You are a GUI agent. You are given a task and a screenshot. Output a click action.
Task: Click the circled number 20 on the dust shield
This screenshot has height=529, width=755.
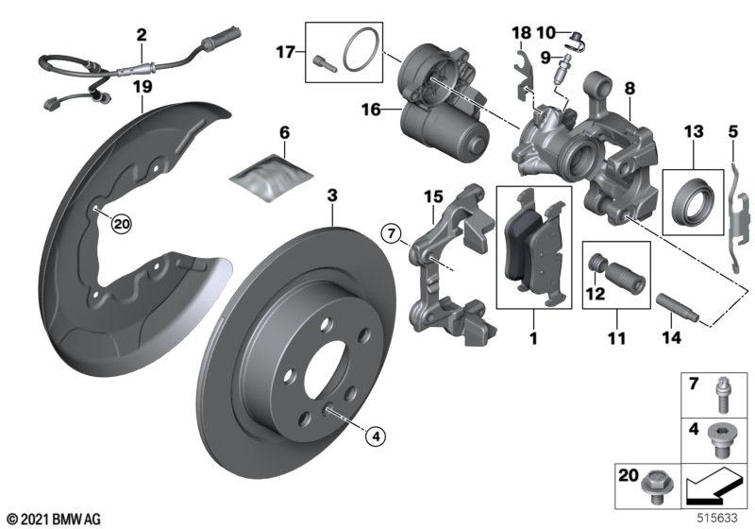click(121, 224)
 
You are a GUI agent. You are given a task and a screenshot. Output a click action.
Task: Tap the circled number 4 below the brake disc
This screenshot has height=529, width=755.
click(376, 437)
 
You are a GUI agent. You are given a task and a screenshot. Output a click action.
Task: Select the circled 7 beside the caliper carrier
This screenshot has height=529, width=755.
click(391, 234)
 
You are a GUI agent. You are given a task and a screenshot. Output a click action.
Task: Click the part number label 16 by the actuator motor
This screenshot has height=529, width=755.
click(371, 110)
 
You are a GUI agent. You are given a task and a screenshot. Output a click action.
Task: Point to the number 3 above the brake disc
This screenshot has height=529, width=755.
click(332, 196)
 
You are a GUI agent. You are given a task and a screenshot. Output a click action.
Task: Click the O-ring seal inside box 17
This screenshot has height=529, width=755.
click(361, 51)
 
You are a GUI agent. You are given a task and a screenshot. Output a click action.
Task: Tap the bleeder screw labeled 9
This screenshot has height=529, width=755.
click(562, 69)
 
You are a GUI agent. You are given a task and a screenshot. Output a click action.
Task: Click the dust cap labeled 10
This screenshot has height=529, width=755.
click(578, 40)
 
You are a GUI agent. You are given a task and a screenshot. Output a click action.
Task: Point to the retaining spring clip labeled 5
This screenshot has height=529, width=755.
click(738, 218)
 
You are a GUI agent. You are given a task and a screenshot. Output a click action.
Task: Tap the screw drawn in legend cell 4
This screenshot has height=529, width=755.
click(718, 442)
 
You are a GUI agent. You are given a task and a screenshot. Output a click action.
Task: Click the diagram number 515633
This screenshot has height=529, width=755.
click(718, 518)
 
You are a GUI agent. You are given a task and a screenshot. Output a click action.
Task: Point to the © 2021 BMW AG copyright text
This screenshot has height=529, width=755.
click(54, 519)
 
